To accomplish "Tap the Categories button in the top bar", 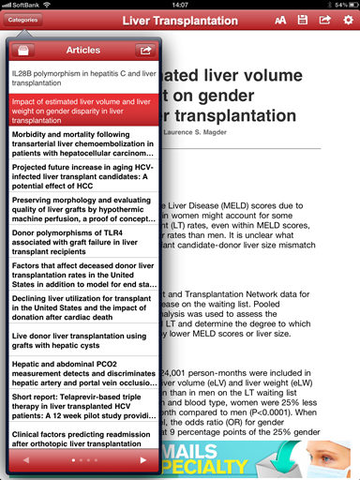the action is (23, 20).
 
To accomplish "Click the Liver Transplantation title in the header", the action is (180, 20).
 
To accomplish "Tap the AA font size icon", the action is (280, 20).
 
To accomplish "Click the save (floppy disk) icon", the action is (303, 20).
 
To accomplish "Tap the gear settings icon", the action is (347, 20).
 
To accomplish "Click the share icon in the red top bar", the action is (325, 20).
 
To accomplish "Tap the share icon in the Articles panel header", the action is (144, 50).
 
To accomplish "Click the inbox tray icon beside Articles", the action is (26, 50).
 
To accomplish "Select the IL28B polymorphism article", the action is (82, 78).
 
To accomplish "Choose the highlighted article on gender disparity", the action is (82, 110).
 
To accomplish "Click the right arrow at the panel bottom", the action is (142, 460).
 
